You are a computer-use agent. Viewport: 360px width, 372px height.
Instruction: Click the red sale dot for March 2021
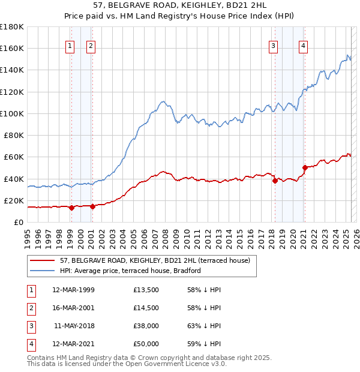[305, 167]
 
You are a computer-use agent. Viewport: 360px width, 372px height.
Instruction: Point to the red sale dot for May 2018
[275, 181]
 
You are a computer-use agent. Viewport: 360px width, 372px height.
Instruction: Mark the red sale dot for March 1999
[71, 208]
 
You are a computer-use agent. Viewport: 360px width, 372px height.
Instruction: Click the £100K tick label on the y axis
[12, 113]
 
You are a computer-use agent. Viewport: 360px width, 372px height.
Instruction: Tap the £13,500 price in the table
[146, 290]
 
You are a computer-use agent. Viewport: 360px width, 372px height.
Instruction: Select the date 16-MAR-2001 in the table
[73, 308]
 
